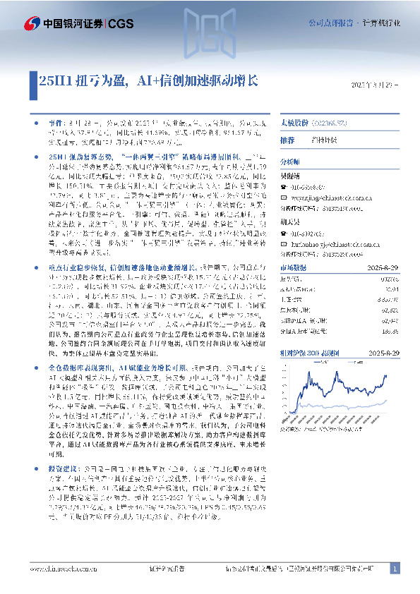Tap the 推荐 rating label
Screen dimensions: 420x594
pyautogui.click(x=287, y=140)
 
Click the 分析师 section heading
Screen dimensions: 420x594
pyautogui.click(x=290, y=162)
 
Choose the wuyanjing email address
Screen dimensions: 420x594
pyautogui.click(x=331, y=199)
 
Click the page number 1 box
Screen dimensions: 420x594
pyautogui.click(x=394, y=569)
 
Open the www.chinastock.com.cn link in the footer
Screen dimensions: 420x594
pyautogui.click(x=62, y=569)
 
